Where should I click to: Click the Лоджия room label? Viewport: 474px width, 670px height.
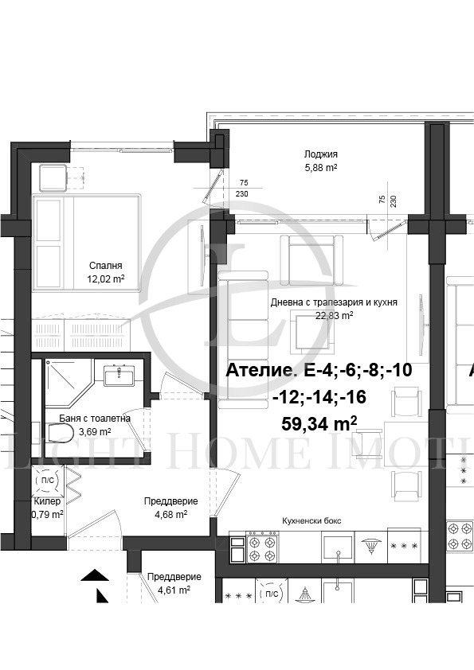coord(321,154)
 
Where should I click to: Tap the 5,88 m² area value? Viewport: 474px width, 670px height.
coord(321,168)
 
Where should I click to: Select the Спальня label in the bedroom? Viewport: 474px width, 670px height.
coord(106,266)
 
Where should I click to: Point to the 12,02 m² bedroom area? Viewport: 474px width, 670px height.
coord(106,279)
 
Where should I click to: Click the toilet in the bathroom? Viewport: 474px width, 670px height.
coord(60,432)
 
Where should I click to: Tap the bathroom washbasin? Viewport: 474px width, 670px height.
coord(119,375)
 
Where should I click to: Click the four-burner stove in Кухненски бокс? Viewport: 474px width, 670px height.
coord(262,547)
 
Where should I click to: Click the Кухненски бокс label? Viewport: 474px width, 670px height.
coord(311,521)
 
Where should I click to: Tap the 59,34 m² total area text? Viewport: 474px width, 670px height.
coord(319,424)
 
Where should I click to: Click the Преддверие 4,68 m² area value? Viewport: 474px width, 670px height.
coord(170,515)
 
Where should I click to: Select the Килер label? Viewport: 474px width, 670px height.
coord(47,501)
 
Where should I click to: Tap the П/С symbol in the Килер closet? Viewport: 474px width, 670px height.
coord(48,480)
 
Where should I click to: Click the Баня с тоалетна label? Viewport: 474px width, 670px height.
coord(95,419)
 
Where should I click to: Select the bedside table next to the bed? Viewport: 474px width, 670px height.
coord(53,177)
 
